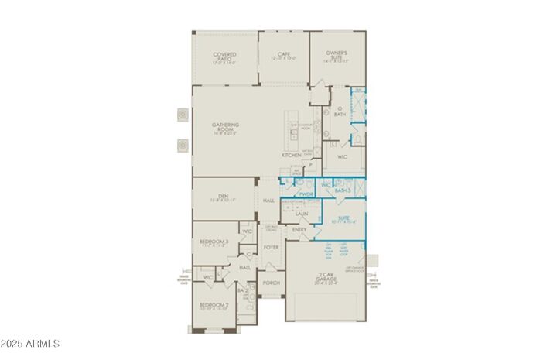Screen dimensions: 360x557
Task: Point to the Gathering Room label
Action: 225,127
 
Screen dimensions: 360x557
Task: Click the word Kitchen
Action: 291,156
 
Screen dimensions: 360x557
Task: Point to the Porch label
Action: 272,283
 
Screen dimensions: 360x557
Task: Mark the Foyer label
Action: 271,247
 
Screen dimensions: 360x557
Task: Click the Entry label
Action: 299,230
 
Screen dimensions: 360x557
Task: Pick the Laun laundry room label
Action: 302,213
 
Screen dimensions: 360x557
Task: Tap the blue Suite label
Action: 343,219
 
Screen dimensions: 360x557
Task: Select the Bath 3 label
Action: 344,189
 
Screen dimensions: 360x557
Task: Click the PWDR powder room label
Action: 306,194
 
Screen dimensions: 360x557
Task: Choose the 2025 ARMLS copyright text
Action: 31,344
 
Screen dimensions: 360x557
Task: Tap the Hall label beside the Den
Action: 269,201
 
